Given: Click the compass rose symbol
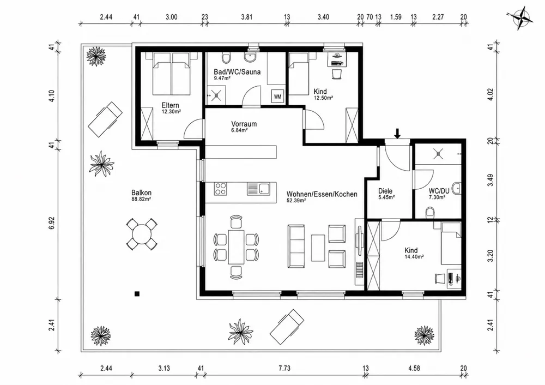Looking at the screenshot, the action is tap(520, 19).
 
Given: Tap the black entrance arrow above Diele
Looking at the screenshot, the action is tap(398, 134).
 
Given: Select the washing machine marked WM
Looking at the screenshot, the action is tap(277, 97).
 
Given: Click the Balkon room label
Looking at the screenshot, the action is tap(141, 192).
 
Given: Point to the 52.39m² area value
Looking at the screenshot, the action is tap(296, 200).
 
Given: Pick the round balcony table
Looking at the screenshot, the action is tap(141, 234).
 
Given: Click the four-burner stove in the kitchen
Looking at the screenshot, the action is tap(220, 189).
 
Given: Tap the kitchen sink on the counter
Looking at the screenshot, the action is tap(258, 189).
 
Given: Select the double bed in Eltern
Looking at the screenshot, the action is tap(172, 73).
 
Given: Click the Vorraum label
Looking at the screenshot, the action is tap(244, 124).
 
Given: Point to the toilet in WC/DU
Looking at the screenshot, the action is tap(430, 213).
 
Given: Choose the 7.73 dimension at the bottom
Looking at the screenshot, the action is tap(284, 368).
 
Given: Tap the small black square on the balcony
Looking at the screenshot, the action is tap(137, 294).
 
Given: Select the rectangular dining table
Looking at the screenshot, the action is tap(236, 247).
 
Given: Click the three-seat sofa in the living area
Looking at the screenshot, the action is tap(296, 246).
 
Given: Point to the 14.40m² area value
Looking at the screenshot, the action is tap(414, 257).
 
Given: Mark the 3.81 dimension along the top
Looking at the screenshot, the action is tap(246, 17).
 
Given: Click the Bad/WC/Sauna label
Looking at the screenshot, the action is tap(237, 71).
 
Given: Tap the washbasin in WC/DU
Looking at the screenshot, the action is tap(457, 188).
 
